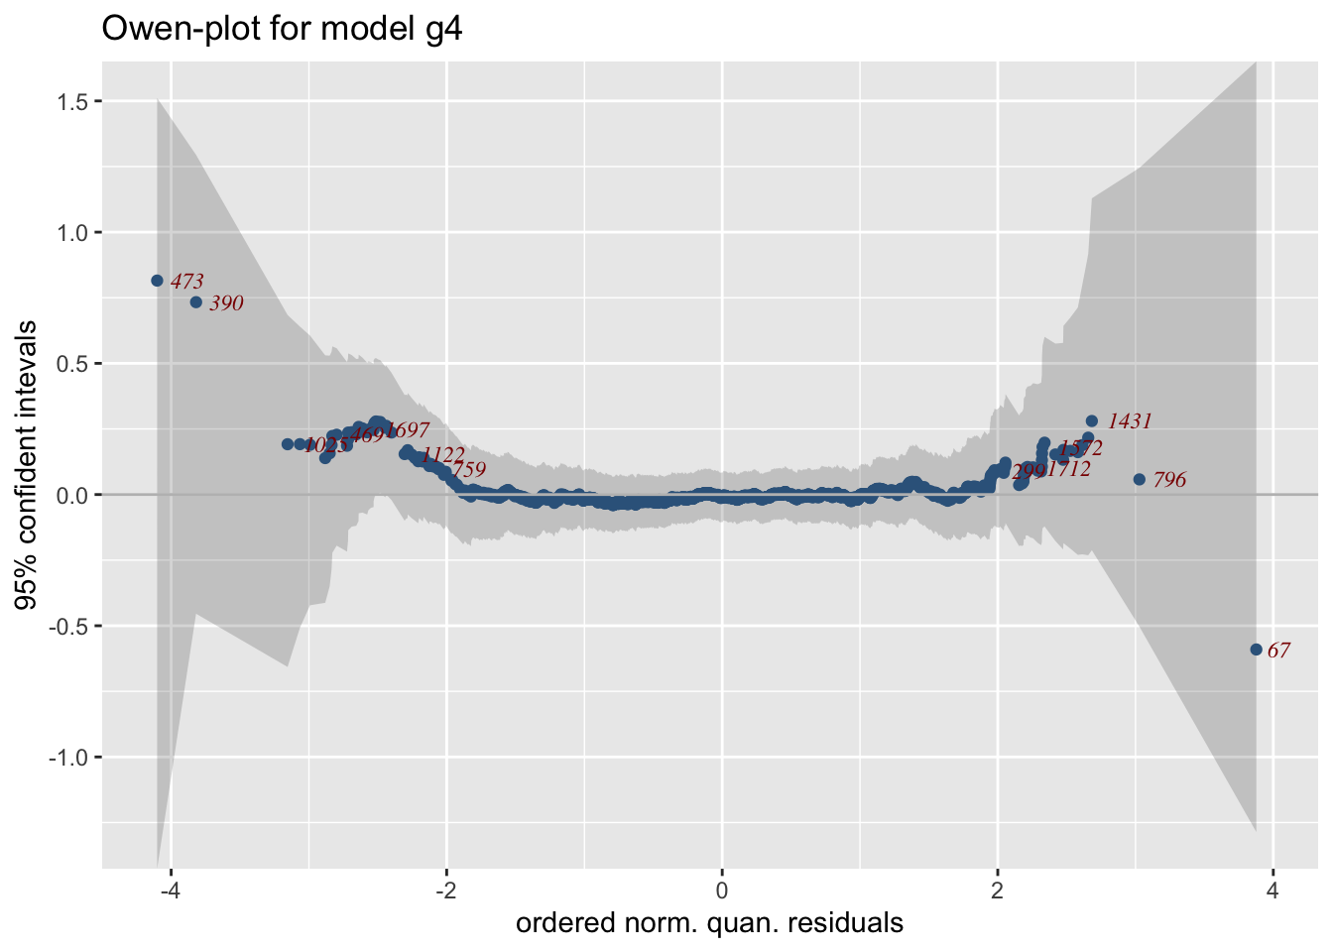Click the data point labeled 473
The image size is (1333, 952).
(157, 281)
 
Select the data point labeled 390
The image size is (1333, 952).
(195, 302)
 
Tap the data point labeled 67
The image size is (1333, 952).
(1256, 650)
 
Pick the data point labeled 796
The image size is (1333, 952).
(1139, 479)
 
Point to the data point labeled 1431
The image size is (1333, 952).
(1092, 420)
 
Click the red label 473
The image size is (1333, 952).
(186, 283)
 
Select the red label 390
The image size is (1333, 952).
(226, 304)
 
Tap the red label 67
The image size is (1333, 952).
(1279, 652)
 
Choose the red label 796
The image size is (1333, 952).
(1169, 481)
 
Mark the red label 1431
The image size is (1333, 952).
(1130, 422)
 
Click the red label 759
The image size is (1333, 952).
(469, 470)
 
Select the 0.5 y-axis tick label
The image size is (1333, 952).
(72, 364)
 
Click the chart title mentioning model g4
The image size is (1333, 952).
(283, 30)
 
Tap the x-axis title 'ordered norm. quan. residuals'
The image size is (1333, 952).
(709, 924)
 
